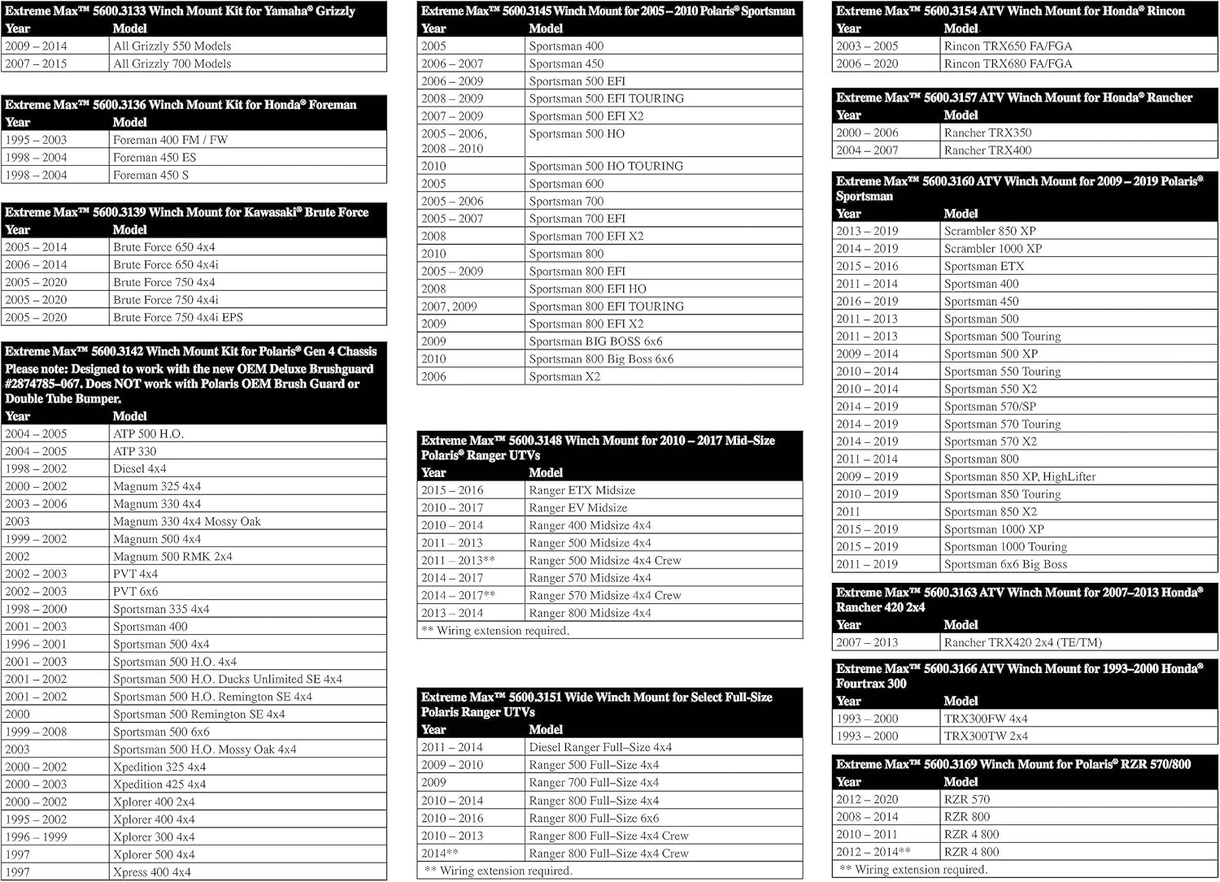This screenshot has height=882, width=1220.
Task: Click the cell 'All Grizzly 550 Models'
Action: pyautogui.click(x=172, y=46)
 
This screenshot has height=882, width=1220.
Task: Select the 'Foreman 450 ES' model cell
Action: pyautogui.click(x=155, y=158)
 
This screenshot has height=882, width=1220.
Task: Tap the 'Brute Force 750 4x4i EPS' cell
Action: pyautogui.click(x=178, y=318)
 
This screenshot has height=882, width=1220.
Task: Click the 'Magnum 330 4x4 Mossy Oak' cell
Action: pyautogui.click(x=187, y=522)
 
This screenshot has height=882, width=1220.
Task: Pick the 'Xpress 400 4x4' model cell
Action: pyautogui.click(x=152, y=872)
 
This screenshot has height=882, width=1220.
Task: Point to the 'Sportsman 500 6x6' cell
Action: pyautogui.click(x=161, y=732)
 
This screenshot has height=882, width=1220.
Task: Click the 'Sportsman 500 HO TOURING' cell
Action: pyautogui.click(x=606, y=166)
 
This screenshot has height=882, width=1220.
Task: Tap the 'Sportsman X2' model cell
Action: pyautogui.click(x=564, y=376)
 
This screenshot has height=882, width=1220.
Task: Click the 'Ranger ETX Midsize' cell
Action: pyautogui.click(x=582, y=490)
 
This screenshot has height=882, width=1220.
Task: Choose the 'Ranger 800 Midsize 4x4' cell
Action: pyautogui.click(x=590, y=613)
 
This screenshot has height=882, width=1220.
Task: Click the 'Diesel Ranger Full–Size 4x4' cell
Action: pyautogui.click(x=600, y=747)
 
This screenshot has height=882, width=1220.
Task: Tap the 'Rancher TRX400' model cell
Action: pyautogui.click(x=987, y=150)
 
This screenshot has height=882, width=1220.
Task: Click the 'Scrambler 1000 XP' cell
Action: pyautogui.click(x=992, y=249)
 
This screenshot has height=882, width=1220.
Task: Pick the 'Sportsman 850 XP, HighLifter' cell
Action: pyautogui.click(x=1020, y=477)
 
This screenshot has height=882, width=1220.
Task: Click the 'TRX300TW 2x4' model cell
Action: pyautogui.click(x=986, y=736)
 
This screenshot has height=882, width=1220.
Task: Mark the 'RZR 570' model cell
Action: pyautogui.click(x=967, y=800)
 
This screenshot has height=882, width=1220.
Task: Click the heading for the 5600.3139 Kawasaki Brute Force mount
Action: pyautogui.click(x=187, y=212)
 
